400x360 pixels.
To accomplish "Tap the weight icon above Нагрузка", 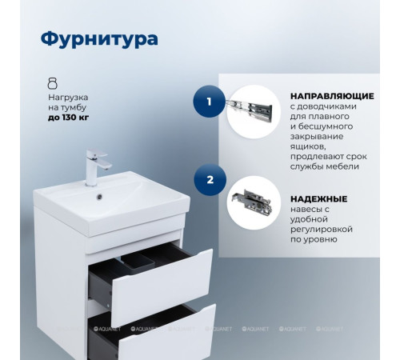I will click(x=53, y=82).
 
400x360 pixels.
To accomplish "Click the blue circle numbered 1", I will click(x=210, y=102).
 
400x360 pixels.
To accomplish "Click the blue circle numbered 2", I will click(x=210, y=180).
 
